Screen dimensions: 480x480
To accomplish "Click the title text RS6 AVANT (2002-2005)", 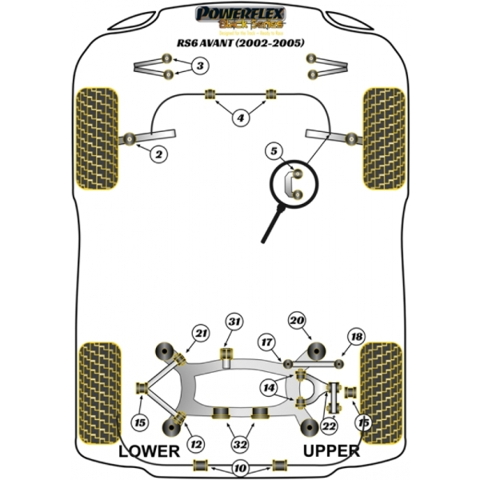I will click(x=240, y=42).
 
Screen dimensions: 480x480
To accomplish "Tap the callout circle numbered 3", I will click(x=201, y=66).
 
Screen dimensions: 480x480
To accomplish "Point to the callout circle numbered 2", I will click(x=159, y=153).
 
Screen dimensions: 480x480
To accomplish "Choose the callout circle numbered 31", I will click(x=234, y=322).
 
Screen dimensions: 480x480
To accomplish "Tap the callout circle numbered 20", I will click(x=298, y=322).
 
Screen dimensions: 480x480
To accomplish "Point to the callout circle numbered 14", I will click(x=269, y=388).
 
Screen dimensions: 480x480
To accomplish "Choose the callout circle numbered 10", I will click(x=239, y=469).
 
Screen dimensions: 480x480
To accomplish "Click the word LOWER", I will click(x=149, y=452).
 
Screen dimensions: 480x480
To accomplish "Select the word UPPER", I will click(x=331, y=452).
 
